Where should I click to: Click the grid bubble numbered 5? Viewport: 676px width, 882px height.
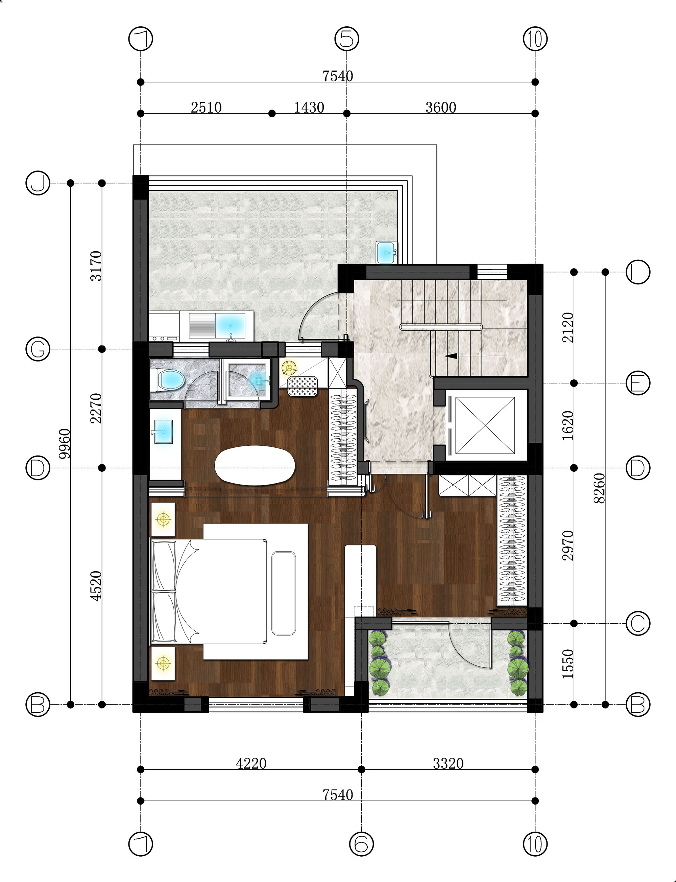click(x=347, y=39)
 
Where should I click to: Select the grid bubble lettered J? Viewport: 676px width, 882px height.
click(x=38, y=183)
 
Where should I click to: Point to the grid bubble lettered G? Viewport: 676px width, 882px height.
click(x=38, y=349)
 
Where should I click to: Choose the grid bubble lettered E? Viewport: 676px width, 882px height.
click(x=638, y=383)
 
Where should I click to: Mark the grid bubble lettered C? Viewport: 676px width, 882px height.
click(x=638, y=624)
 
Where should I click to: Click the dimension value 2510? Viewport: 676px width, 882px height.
click(x=206, y=108)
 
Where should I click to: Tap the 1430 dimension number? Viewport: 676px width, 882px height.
click(x=309, y=108)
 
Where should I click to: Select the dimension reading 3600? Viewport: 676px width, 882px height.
click(x=441, y=108)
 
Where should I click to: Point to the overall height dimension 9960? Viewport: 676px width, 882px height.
click(x=64, y=444)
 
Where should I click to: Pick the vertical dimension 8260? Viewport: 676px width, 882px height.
click(x=599, y=488)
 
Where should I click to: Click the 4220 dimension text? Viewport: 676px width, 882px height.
click(x=251, y=763)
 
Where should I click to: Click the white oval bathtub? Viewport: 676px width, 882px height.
click(x=255, y=465)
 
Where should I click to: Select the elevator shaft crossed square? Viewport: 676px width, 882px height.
click(x=485, y=425)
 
